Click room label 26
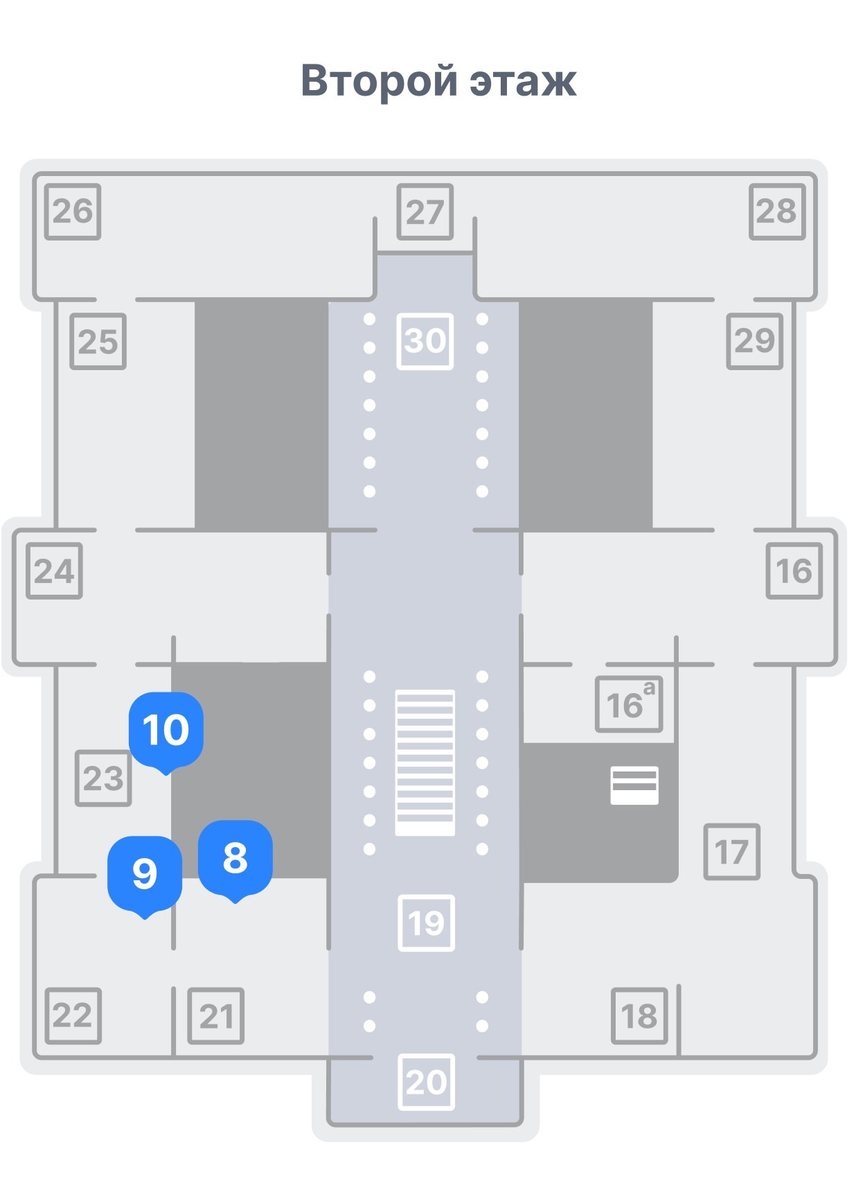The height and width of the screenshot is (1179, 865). pyautogui.click(x=73, y=211)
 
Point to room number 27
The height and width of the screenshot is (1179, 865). pyautogui.click(x=425, y=211)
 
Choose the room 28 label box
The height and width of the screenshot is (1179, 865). pyautogui.click(x=777, y=211)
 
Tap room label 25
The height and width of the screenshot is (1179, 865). pyautogui.click(x=98, y=342)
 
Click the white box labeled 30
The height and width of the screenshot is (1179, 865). pyautogui.click(x=425, y=342)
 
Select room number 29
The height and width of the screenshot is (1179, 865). pyautogui.click(x=755, y=342)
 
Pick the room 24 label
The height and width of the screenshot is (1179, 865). pyautogui.click(x=54, y=571)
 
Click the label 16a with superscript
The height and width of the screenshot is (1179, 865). pyautogui.click(x=629, y=704)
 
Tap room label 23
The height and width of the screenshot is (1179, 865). pyautogui.click(x=103, y=778)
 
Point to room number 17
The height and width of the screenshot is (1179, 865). pyautogui.click(x=732, y=852)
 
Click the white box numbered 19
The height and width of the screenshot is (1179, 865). pyautogui.click(x=427, y=923)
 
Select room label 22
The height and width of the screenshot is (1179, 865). pyautogui.click(x=73, y=1016)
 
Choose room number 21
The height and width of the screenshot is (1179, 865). pyautogui.click(x=216, y=1016)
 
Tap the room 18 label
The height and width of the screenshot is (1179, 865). pyautogui.click(x=639, y=1016)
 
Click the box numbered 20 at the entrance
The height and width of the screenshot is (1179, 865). pyautogui.click(x=427, y=1083)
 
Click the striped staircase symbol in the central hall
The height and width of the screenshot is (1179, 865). pyautogui.click(x=425, y=762)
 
